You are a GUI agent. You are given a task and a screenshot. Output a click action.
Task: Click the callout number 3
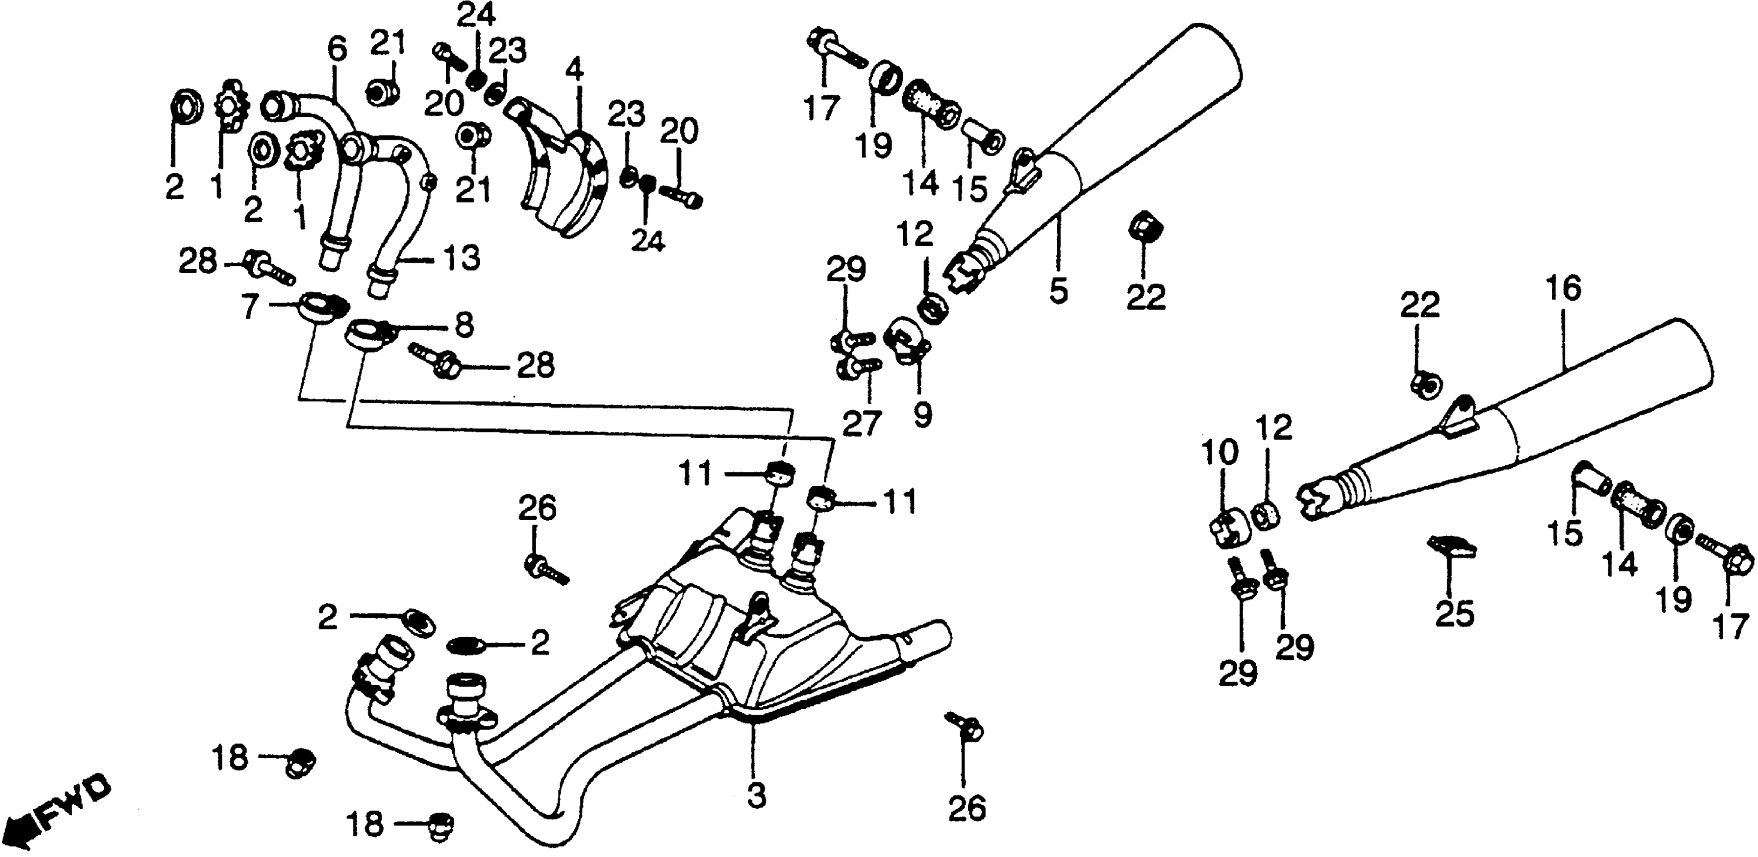(x=756, y=795)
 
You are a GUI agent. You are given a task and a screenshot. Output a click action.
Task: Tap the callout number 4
(x=574, y=70)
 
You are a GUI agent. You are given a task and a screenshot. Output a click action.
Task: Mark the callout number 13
(x=463, y=258)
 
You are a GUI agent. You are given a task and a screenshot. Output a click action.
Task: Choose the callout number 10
(x=1219, y=451)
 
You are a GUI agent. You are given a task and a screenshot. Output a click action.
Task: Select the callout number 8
(x=464, y=326)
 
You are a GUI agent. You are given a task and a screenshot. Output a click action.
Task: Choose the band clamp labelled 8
(x=367, y=334)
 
